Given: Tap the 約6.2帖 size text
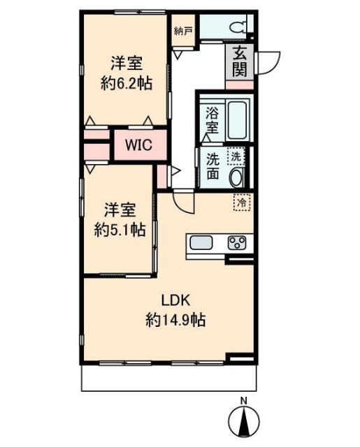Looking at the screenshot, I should point(126,82).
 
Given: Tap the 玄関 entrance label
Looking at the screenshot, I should point(240,61).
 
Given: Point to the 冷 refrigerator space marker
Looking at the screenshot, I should point(242,203).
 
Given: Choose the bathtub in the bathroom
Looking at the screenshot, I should point(238,119).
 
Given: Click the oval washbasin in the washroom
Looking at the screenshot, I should point(237,177).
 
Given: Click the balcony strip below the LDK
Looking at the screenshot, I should point(168,378).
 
